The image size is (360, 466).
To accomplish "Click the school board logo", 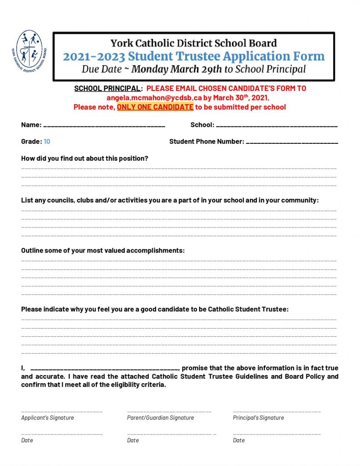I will [x=29, y=49].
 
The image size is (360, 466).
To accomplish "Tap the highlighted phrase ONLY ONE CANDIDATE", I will [x=155, y=107].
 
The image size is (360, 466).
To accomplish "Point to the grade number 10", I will [x=47, y=142].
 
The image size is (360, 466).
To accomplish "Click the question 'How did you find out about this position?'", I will [x=85, y=158].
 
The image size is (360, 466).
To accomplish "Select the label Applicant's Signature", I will [x=47, y=418].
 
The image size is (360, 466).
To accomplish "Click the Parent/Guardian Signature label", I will [x=160, y=418].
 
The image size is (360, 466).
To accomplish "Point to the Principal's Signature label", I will [x=258, y=418].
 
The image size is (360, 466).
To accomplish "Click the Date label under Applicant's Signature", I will [x=27, y=441].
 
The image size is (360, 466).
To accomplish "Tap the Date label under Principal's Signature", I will [x=239, y=441].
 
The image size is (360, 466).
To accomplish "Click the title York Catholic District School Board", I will [x=193, y=44].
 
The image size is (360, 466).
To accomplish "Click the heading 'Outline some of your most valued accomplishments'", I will [x=103, y=251].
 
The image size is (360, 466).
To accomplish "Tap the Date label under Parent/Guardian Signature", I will [x=133, y=441].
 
